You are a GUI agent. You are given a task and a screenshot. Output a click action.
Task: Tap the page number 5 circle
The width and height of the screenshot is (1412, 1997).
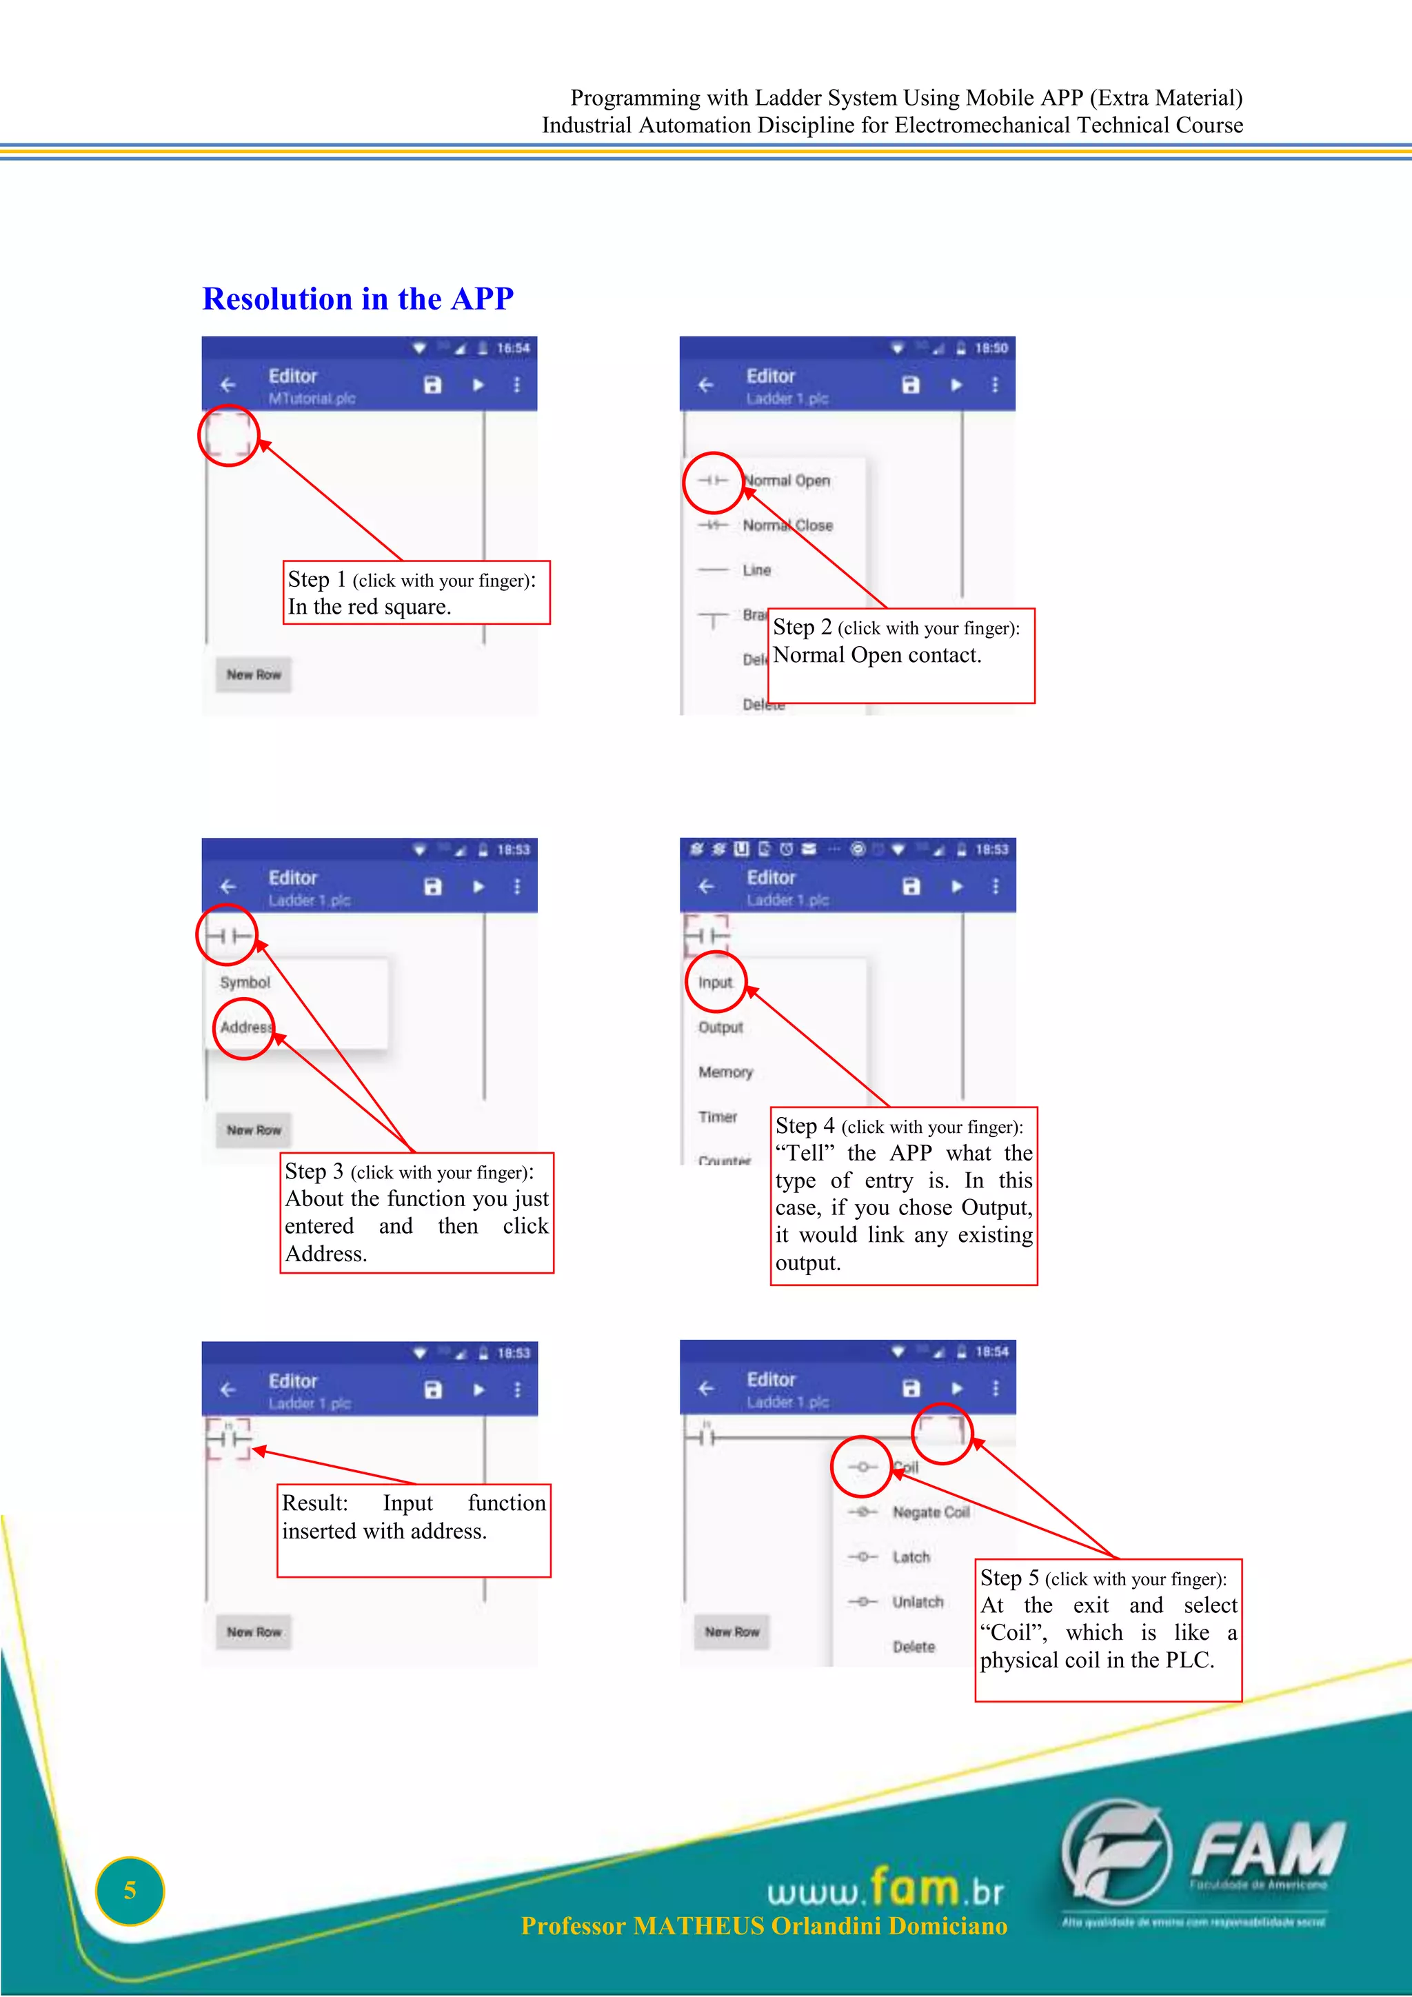click(x=130, y=1890)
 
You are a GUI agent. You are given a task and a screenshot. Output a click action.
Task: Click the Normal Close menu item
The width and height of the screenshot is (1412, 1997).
click(x=787, y=525)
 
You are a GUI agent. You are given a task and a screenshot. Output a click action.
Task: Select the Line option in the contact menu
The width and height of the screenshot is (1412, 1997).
click(x=756, y=570)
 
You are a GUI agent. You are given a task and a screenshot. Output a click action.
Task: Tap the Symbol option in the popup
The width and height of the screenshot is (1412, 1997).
click(x=245, y=983)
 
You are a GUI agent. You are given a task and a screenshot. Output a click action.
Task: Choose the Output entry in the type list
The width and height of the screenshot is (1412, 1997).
click(x=720, y=1027)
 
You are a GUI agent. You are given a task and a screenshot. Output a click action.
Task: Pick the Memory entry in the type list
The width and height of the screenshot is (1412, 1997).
click(x=725, y=1072)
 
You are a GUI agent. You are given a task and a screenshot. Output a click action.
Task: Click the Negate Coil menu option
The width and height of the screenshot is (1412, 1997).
click(x=930, y=1512)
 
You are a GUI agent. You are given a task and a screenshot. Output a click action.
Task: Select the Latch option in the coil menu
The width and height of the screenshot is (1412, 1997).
click(x=911, y=1557)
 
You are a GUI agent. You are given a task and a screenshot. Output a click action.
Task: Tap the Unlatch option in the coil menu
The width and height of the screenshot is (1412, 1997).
click(x=917, y=1602)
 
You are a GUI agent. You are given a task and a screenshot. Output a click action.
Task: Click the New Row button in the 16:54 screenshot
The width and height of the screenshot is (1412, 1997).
click(x=254, y=674)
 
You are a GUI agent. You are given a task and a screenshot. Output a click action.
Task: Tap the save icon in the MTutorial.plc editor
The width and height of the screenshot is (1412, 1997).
click(x=432, y=385)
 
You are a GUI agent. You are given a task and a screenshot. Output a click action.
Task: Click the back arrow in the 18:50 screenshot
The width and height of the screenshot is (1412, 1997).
click(x=706, y=385)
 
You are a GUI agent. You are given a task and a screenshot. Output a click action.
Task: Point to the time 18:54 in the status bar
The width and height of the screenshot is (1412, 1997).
click(x=991, y=1352)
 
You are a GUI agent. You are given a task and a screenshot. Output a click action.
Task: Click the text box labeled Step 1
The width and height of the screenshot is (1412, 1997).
click(x=417, y=593)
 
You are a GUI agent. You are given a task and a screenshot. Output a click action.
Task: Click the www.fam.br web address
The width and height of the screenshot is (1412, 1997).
click(x=885, y=1889)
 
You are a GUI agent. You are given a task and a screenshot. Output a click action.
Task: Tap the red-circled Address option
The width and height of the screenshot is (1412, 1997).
click(x=244, y=1028)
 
